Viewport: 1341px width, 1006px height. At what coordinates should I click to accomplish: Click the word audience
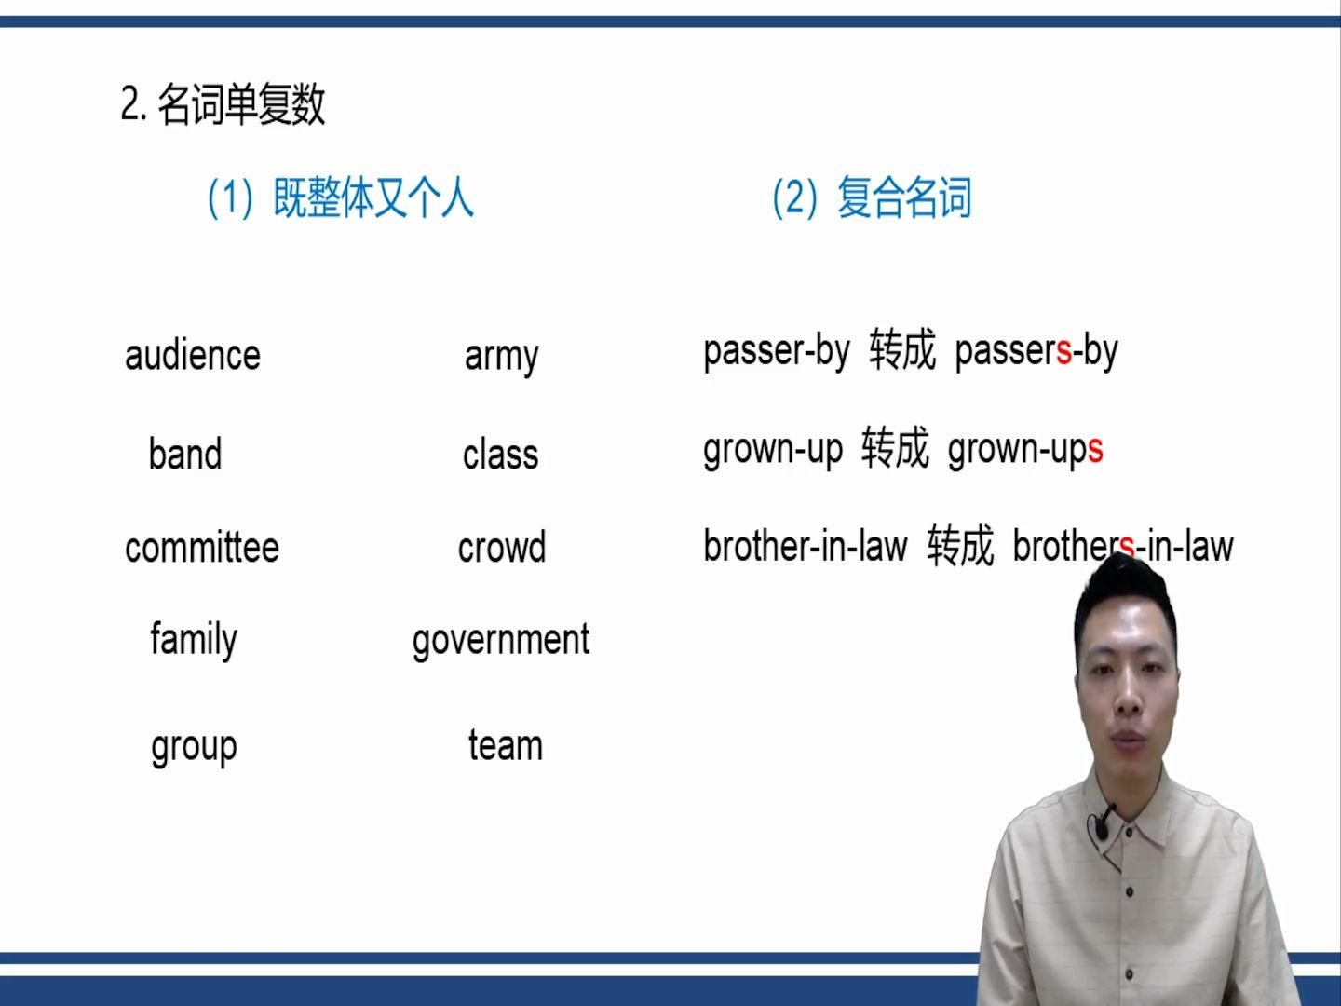tap(193, 356)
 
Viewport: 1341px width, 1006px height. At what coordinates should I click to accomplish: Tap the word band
tap(185, 455)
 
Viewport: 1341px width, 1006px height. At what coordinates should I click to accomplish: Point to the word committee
tap(202, 548)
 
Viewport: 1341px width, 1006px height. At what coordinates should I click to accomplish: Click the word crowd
tap(501, 548)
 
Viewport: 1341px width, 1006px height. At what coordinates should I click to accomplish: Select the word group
tap(194, 747)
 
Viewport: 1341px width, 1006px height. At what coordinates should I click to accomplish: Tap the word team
tap(505, 746)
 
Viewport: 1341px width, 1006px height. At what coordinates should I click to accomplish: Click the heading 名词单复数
tap(240, 104)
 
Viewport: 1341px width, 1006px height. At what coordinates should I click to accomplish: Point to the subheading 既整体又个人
tap(372, 197)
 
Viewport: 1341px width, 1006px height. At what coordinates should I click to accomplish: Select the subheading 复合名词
tap(903, 197)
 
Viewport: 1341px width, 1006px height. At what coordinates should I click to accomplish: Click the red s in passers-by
tap(1063, 353)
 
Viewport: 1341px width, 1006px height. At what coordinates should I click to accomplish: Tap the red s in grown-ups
tap(1095, 450)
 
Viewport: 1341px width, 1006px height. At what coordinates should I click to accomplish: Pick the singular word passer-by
tap(776, 352)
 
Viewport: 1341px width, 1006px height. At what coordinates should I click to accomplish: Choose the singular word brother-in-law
tap(805, 547)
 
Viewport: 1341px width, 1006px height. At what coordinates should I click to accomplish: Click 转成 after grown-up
tap(895, 448)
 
